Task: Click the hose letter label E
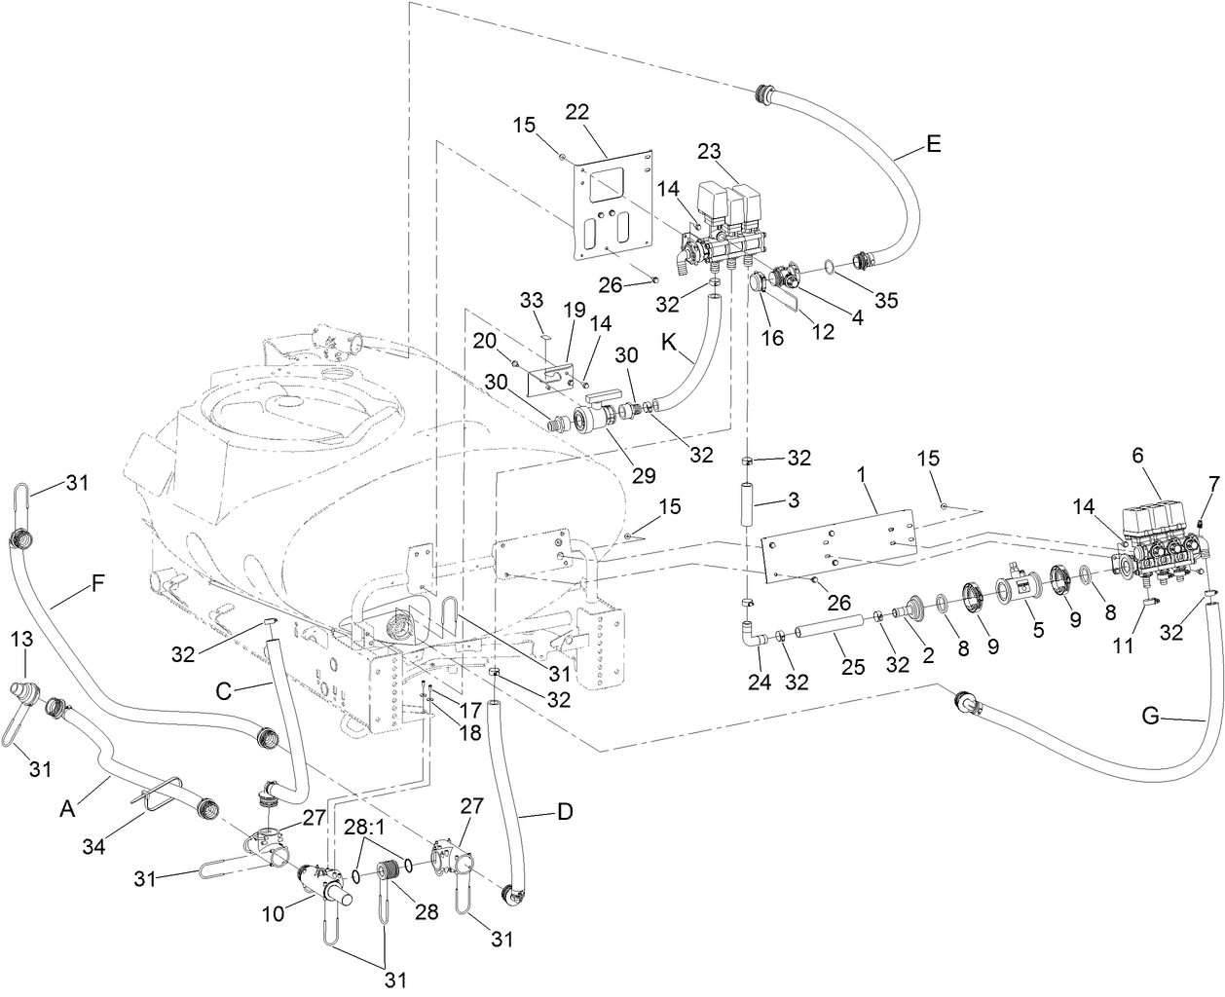pyautogui.click(x=934, y=144)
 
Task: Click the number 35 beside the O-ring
pyautogui.click(x=885, y=300)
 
